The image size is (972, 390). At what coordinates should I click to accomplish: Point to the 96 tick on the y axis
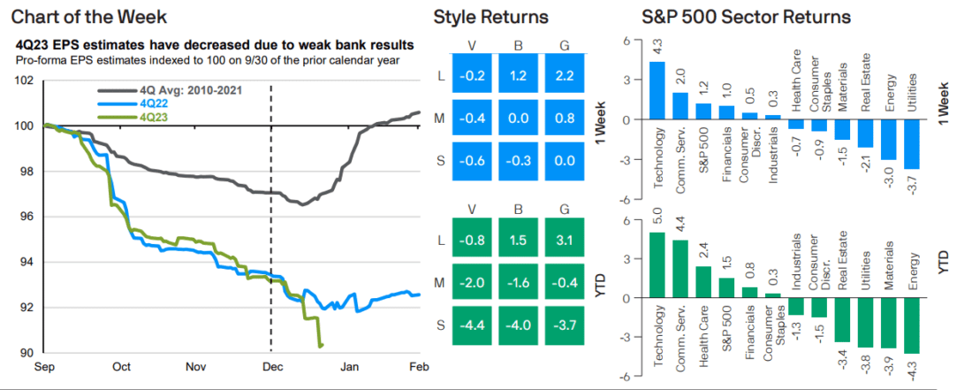tap(24, 217)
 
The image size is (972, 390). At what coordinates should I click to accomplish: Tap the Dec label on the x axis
tap(270, 366)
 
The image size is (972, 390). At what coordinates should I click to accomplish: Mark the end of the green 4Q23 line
tap(321, 345)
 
